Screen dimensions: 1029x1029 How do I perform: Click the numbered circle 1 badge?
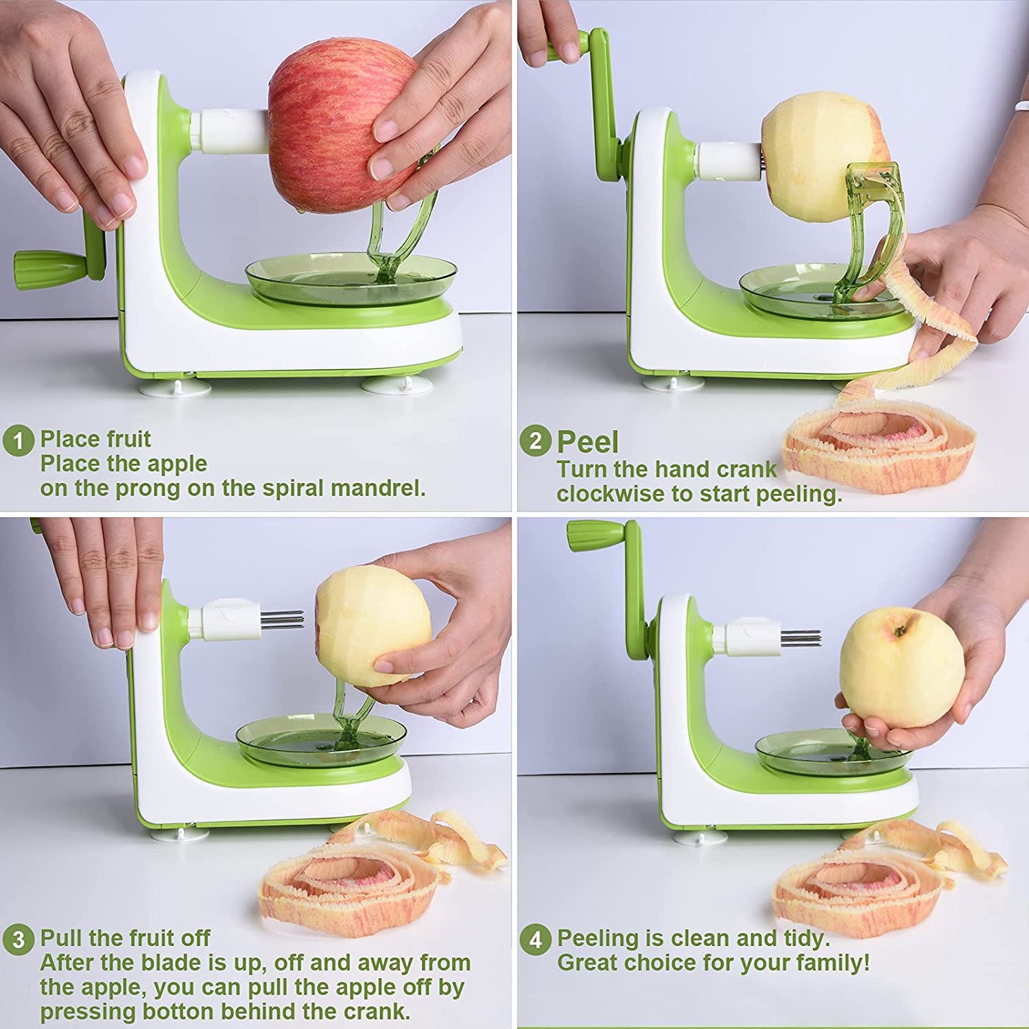pos(19,440)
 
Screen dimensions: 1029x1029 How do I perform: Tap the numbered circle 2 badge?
pos(535,440)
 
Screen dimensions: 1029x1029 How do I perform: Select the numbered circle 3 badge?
pos(19,939)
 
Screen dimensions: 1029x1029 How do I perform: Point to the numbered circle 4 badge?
pos(535,939)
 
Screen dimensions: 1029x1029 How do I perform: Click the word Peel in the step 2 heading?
pos(588,442)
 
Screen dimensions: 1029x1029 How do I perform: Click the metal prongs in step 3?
pos(283,619)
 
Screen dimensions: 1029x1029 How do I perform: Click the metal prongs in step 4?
pos(801,637)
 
